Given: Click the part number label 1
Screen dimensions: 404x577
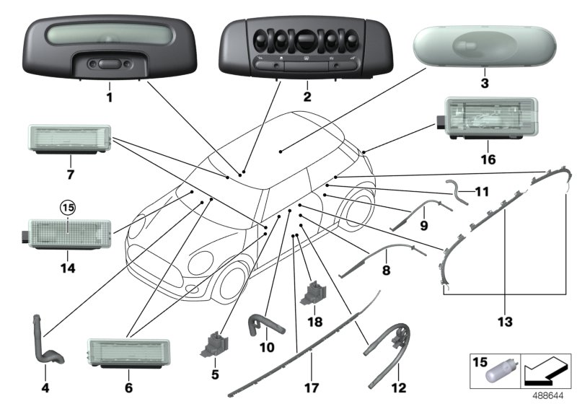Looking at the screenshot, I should (110, 96).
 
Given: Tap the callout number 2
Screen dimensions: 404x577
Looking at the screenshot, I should (307, 96).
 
